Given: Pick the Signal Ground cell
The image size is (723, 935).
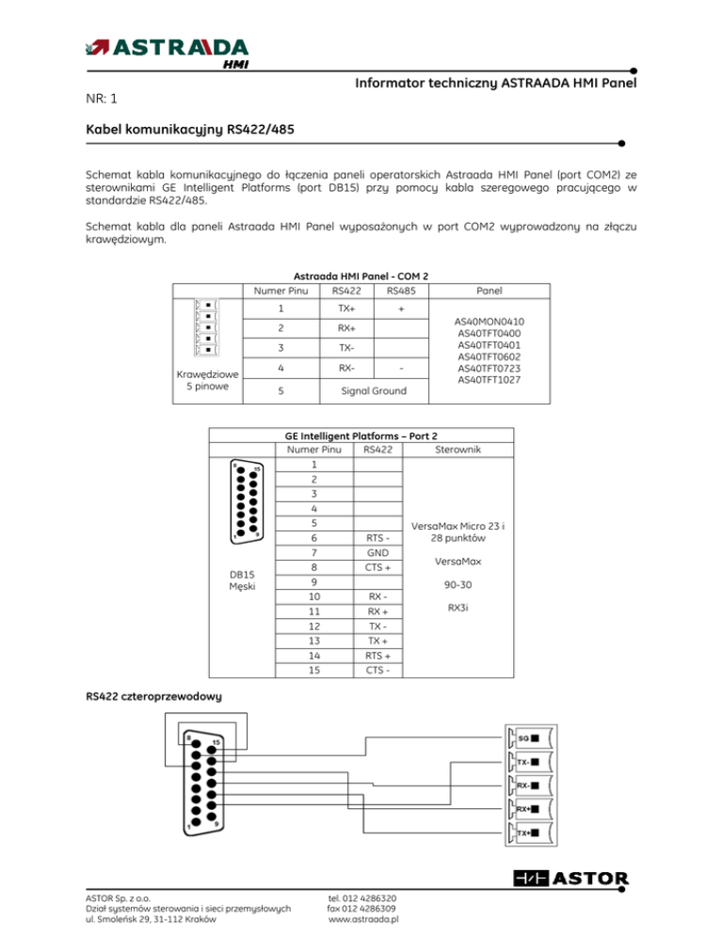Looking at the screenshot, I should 374,389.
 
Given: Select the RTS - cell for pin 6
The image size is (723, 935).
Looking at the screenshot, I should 376,537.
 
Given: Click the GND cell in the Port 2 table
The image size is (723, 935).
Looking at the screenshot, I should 376,554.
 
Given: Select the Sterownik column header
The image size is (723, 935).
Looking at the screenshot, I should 458,449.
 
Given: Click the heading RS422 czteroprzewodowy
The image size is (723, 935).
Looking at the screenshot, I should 153,697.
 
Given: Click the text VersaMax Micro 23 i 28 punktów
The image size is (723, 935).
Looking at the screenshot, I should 458,532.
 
